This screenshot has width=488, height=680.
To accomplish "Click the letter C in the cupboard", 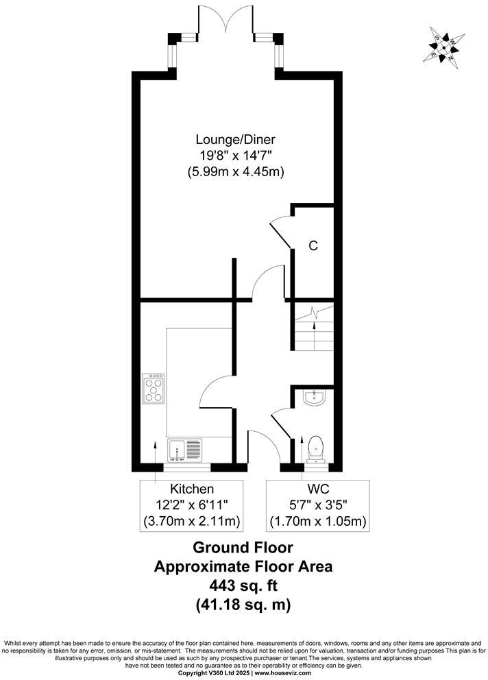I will coord(313,245).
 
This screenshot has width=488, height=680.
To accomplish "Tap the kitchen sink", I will coord(184,450).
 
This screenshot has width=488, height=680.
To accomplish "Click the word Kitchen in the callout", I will coord(192,489).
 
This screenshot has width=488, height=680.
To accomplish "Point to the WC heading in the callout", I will coord(317,489).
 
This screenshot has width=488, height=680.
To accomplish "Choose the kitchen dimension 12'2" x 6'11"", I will coord(192,506).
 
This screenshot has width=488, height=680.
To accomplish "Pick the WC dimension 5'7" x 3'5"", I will coord(317,506).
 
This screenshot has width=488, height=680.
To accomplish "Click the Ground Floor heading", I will coord(243,548).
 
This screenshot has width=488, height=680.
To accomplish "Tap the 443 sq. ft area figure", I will coord(243,585).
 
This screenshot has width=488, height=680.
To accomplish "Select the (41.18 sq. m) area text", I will coord(243,605).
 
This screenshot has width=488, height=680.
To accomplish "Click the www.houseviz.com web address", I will coord(283,673).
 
